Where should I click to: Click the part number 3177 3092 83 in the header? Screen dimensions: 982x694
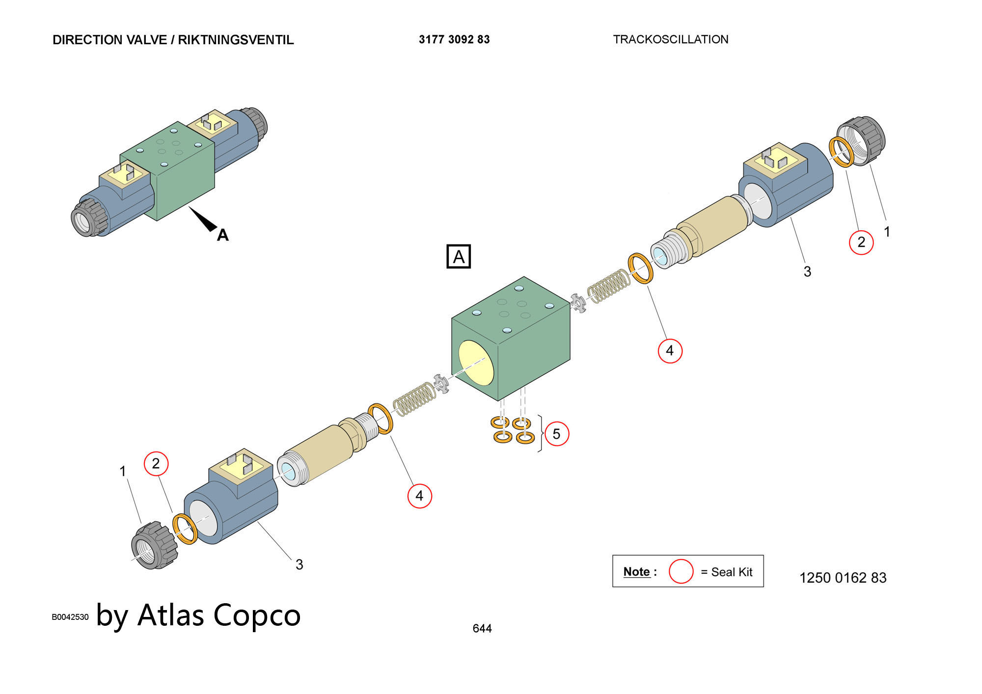pos(454,40)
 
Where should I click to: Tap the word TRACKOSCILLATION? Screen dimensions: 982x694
pos(671,40)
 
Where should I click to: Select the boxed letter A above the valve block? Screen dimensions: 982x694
pos(459,257)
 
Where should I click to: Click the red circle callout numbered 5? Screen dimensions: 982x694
pos(556,434)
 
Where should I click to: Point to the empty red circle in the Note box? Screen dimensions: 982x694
pos(681,571)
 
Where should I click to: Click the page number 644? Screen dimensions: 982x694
pos(482,629)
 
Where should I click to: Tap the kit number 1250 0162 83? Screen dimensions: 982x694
pos(843,578)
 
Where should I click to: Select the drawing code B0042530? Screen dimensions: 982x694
pos(70,617)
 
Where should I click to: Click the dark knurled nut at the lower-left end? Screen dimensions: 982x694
pos(154,545)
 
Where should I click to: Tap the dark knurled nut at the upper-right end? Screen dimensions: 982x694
pos(860,141)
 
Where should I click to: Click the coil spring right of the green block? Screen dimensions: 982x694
pos(609,286)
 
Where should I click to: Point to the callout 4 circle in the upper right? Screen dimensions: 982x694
pos(670,351)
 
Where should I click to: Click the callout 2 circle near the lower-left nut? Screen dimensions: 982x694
pos(156,464)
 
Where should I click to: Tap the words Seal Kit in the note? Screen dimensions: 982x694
pos(732,572)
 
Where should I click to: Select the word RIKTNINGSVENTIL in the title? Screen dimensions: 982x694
pos(236,40)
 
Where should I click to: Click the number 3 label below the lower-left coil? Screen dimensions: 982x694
pos(299,565)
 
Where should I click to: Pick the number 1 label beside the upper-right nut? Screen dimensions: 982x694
pos(887,232)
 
